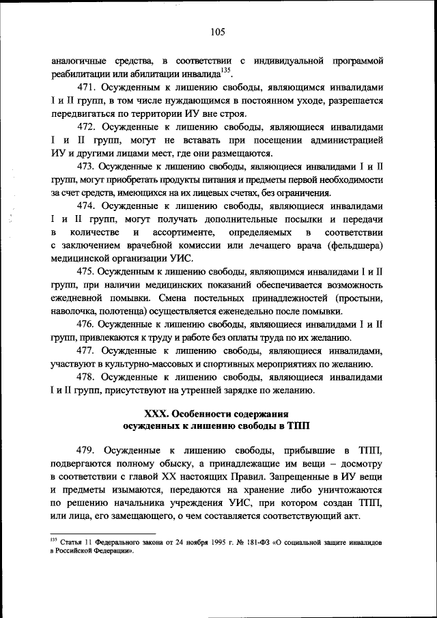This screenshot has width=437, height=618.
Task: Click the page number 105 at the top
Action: (x=218, y=31)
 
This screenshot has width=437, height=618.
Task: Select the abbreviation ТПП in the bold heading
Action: (x=299, y=427)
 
